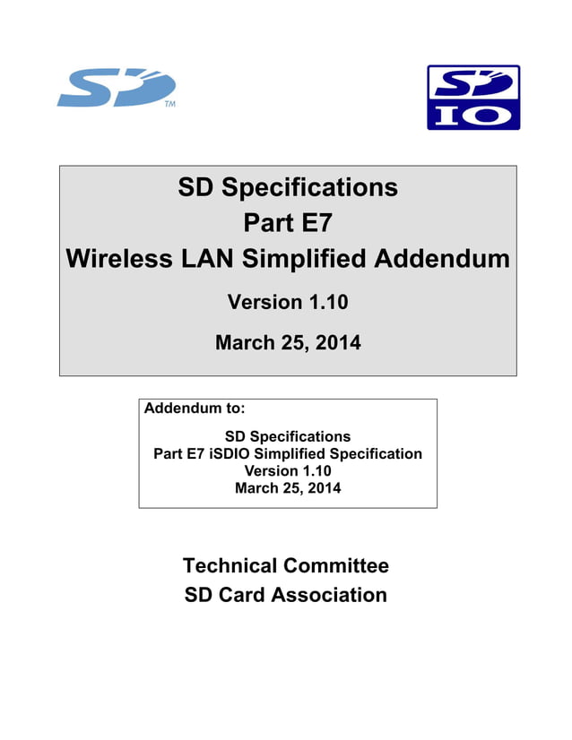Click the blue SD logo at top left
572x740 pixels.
pos(115,89)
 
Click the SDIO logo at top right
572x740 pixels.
pos(472,97)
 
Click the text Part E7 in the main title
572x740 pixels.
pos(288,224)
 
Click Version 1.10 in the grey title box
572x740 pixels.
pos(288,303)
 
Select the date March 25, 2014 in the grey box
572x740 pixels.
pos(288,342)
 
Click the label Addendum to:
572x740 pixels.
pos(195,409)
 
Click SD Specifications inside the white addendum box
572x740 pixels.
pos(288,437)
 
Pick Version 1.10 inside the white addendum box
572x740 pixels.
pos(288,471)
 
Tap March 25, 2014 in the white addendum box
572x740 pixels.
pos(288,488)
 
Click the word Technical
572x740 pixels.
pos(230,566)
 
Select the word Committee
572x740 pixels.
pos(336,566)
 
